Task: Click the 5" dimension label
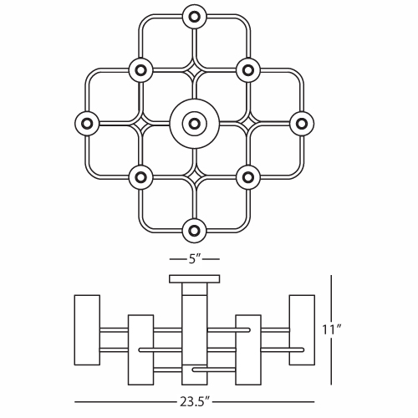coord(195,259)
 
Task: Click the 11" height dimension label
coord(332,329)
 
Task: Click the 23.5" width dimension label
coord(194,402)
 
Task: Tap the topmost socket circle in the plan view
coord(195,17)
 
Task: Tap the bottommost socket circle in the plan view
coord(195,231)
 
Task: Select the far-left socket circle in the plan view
coord(87,124)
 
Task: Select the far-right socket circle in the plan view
coord(302,124)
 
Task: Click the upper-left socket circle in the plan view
coord(140,70)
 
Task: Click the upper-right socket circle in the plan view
coord(248,70)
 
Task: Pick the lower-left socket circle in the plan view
coord(140,177)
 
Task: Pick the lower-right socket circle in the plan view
coord(248,177)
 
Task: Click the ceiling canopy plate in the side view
coord(195,279)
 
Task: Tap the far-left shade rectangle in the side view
coord(87,330)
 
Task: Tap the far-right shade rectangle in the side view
coord(302,330)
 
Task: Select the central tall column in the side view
coord(195,334)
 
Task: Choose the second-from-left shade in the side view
coord(140,350)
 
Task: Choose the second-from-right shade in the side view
coord(248,350)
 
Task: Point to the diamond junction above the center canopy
coord(195,70)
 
